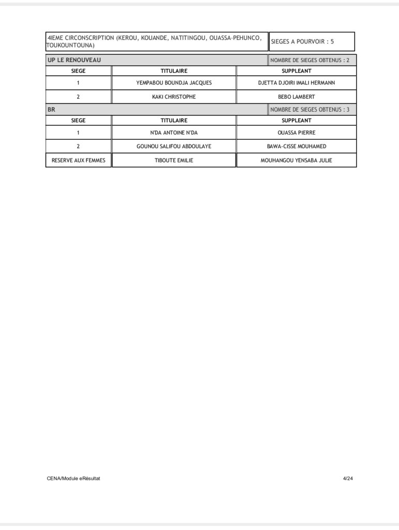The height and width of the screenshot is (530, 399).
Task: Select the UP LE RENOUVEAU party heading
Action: tap(75, 60)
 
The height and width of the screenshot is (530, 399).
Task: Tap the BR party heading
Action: tap(51, 110)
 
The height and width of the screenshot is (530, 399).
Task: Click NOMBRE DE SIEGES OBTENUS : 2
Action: tap(309, 60)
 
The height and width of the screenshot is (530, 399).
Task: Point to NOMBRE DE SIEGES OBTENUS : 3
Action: tap(309, 110)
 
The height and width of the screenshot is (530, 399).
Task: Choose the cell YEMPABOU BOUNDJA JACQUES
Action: tap(174, 83)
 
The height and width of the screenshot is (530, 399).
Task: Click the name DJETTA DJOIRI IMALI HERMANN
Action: tap(296, 83)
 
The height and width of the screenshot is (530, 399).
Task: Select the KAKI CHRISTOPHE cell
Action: tap(174, 97)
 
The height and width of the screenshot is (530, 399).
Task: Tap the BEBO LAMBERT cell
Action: tap(296, 97)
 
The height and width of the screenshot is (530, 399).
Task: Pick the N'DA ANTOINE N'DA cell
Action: tap(174, 132)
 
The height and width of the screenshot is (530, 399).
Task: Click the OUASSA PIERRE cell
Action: tap(296, 132)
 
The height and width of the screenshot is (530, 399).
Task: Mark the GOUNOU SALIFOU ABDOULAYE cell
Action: tap(174, 146)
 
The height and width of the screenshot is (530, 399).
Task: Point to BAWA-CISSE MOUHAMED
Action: tap(296, 146)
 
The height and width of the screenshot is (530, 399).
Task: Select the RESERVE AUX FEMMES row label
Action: tap(78, 160)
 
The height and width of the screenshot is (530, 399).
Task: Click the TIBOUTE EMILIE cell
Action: tap(174, 160)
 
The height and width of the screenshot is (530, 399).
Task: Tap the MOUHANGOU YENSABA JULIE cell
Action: tap(296, 160)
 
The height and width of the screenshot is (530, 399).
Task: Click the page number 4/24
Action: tap(348, 478)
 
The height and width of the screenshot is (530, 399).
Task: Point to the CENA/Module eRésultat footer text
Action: tap(73, 478)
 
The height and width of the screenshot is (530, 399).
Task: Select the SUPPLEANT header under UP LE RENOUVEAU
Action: tap(296, 71)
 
